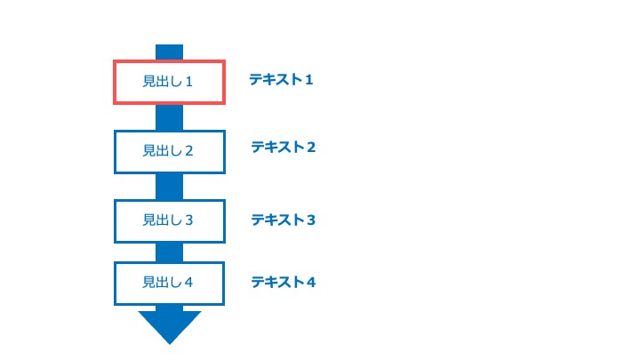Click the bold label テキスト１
(281, 79)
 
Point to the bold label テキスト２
(284, 147)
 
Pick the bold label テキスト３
(284, 220)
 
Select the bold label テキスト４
(284, 282)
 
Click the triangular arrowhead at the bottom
(170, 325)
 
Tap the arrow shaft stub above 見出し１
(170, 52)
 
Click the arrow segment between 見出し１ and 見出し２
(170, 117)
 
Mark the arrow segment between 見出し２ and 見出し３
(170, 187)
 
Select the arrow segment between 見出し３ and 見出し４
(170, 252)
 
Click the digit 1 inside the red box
(188, 82)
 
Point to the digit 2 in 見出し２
(188, 151)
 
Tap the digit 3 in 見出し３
(188, 220)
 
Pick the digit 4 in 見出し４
(188, 283)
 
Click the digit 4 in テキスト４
(311, 282)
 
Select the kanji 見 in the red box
(148, 81)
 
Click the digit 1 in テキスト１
(309, 79)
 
